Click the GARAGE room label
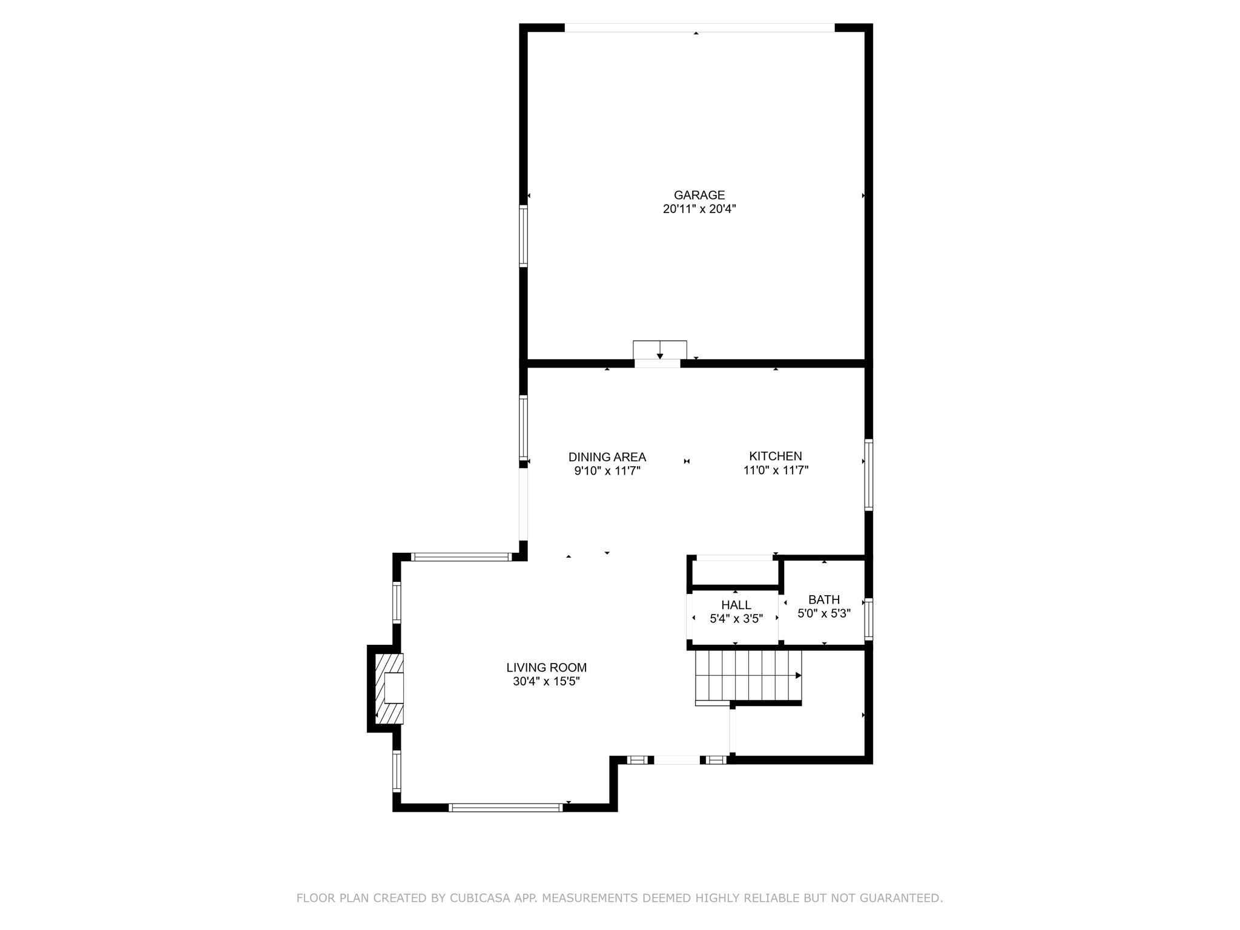[699, 195]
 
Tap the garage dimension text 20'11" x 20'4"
[699, 209]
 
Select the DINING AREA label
[607, 457]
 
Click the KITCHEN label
[775, 456]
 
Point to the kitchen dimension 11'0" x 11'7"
[776, 470]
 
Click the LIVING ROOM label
[546, 667]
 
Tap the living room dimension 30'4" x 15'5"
[546, 682]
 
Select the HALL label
[736, 605]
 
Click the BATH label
[823, 599]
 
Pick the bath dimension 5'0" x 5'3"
[823, 613]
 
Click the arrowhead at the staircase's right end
[798, 675]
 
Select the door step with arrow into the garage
[659, 350]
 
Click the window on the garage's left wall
[523, 236]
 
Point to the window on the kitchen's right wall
[868, 475]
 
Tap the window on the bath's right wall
[868, 619]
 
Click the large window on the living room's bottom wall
[506, 807]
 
